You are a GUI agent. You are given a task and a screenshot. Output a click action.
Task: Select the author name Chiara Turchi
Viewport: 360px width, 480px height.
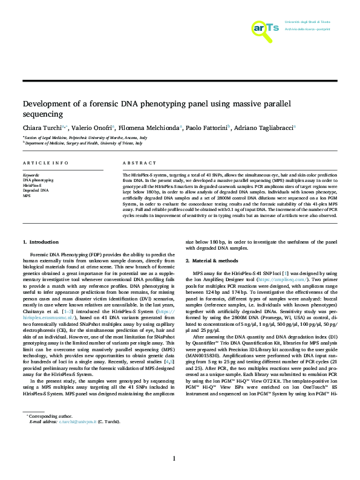point(44,128)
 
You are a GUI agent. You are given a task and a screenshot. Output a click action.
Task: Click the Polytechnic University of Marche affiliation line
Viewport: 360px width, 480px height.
point(85,137)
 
